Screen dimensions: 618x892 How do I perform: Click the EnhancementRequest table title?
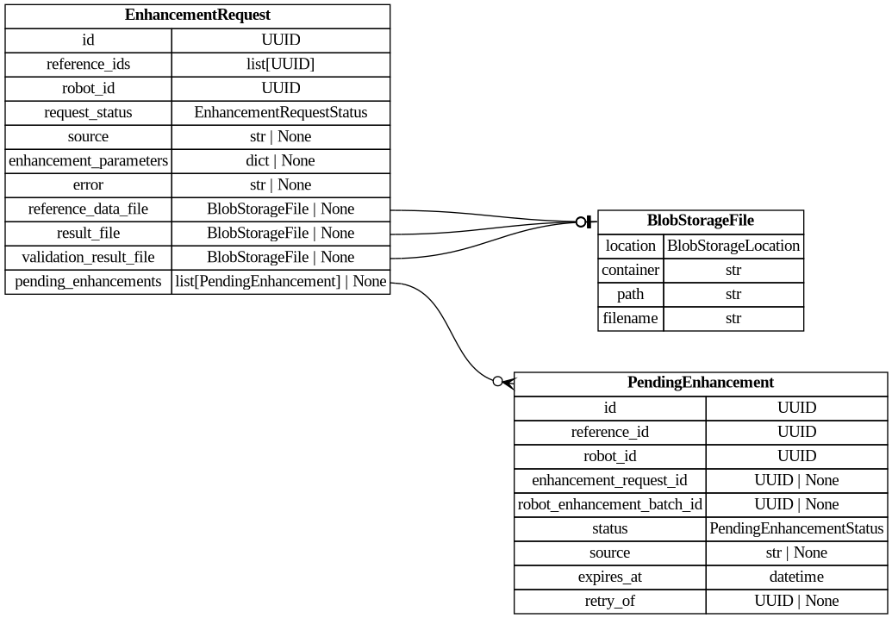pyautogui.click(x=197, y=16)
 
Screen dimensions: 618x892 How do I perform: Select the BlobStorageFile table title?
pyautogui.click(x=700, y=222)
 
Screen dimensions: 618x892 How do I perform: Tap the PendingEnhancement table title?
pyautogui.click(x=700, y=383)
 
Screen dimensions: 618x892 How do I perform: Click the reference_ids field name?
pyautogui.click(x=88, y=64)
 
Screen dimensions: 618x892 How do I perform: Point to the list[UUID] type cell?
pyautogui.click(x=280, y=64)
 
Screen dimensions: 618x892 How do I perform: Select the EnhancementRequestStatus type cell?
pyautogui.click(x=280, y=112)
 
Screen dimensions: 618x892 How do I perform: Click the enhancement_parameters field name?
pyautogui.click(x=88, y=160)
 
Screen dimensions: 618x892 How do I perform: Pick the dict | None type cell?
pyautogui.click(x=280, y=160)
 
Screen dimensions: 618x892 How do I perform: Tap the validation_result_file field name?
pyautogui.click(x=88, y=257)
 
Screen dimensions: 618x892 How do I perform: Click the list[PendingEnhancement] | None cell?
pyautogui.click(x=280, y=281)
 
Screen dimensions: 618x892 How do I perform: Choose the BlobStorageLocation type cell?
pyautogui.click(x=733, y=246)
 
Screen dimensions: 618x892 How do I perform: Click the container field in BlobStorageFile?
pyautogui.click(x=631, y=270)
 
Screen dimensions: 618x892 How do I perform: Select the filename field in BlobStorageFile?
pyautogui.click(x=631, y=318)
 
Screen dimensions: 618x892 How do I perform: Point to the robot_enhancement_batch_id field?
pyautogui.click(x=609, y=504)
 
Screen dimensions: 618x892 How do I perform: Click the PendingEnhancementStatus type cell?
pyautogui.click(x=796, y=528)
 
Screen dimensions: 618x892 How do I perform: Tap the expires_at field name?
pyautogui.click(x=609, y=577)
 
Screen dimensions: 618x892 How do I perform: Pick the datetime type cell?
pyautogui.click(x=796, y=577)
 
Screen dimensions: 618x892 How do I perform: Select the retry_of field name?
pyautogui.click(x=609, y=601)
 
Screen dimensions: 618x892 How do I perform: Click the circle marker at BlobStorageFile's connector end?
pyautogui.click(x=582, y=222)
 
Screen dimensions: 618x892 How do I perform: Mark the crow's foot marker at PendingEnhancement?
pyautogui.click(x=507, y=382)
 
